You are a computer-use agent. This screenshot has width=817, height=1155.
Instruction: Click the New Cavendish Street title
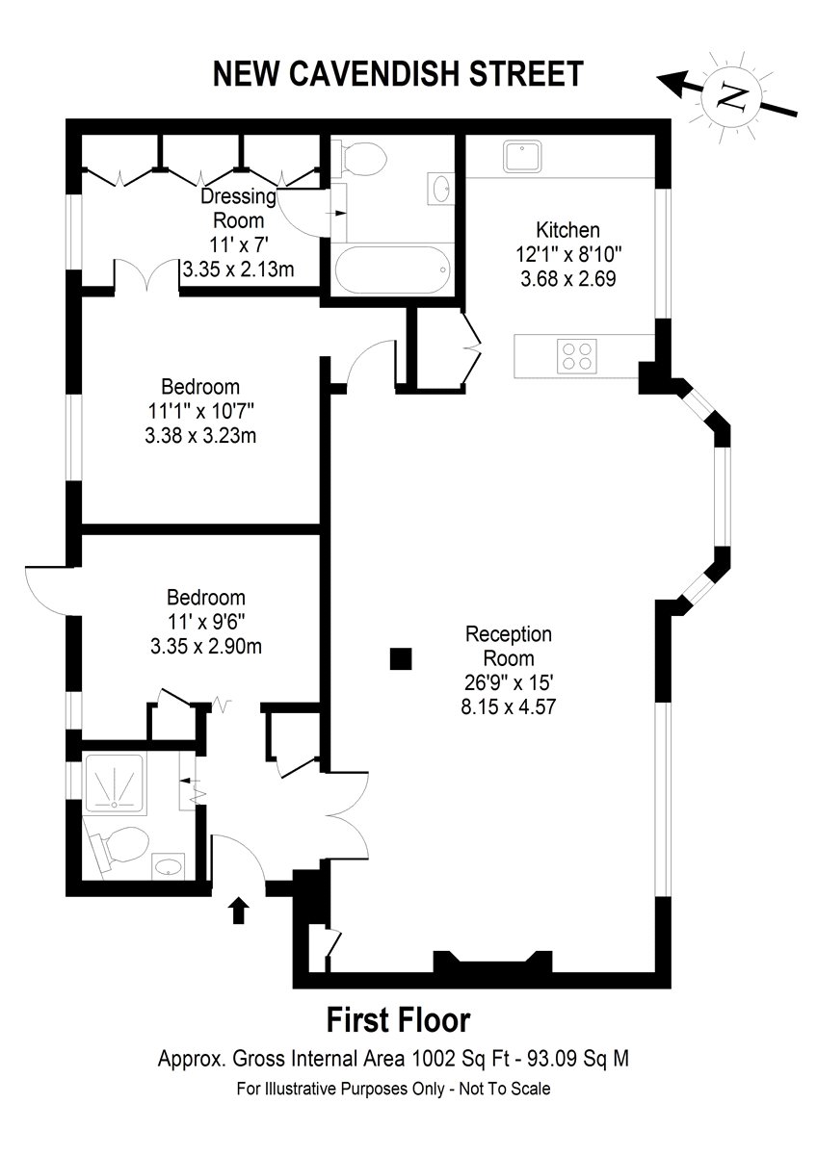(x=398, y=74)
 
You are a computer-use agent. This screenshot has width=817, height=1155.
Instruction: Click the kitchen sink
(x=522, y=156)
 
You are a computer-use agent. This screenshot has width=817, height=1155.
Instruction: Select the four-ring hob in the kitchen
(x=576, y=356)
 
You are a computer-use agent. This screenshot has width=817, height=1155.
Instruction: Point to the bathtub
(x=392, y=269)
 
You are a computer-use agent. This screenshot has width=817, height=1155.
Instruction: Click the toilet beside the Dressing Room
(x=359, y=158)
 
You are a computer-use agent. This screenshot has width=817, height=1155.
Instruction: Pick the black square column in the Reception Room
(x=401, y=658)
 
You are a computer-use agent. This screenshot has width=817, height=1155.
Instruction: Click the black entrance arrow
(x=238, y=911)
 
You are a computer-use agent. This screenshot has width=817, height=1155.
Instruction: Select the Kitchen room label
(x=567, y=229)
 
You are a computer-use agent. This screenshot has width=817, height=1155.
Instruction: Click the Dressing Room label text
(x=238, y=208)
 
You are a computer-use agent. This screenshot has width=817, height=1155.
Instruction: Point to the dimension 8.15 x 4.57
(x=509, y=706)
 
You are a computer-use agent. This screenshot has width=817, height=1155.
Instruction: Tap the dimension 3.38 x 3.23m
(x=200, y=436)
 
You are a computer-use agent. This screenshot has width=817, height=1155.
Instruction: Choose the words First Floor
(x=399, y=1020)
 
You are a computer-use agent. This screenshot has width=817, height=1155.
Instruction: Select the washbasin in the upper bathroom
(x=439, y=189)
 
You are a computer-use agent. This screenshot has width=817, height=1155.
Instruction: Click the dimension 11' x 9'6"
(x=206, y=622)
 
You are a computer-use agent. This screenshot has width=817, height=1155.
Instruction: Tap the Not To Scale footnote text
(x=504, y=1089)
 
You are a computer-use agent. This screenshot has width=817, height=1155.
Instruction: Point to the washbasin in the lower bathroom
(x=169, y=867)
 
